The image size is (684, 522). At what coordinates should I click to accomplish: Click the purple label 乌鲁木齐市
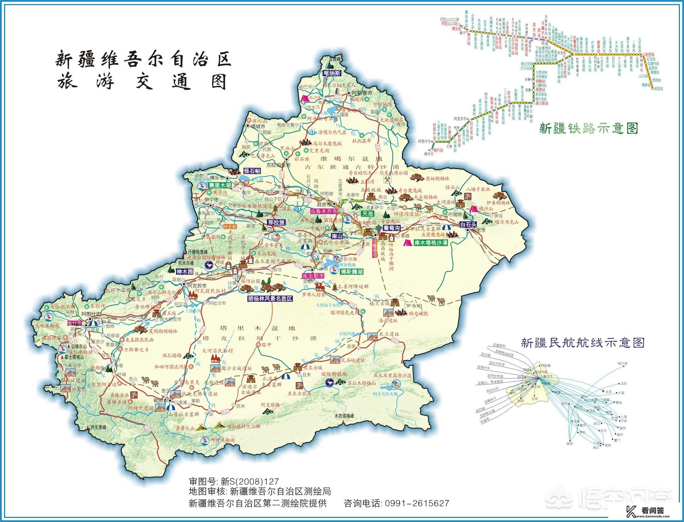point(324,211)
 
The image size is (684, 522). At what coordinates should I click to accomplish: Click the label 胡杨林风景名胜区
point(270,299)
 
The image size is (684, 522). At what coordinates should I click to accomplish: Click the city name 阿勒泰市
point(362,93)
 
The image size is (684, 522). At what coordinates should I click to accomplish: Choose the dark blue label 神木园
point(184,272)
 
